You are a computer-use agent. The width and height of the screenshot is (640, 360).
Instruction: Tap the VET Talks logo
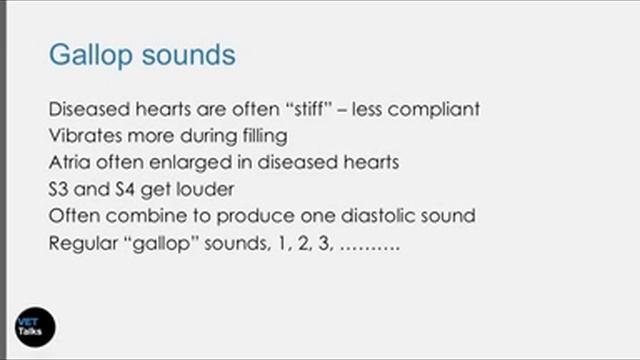[34, 326]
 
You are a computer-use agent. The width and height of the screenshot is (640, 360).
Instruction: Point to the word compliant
[433, 109]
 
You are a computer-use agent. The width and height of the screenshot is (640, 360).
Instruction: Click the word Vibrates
[85, 135]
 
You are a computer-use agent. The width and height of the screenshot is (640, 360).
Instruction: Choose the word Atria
[70, 162]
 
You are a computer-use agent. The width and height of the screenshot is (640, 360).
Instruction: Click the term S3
[59, 189]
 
